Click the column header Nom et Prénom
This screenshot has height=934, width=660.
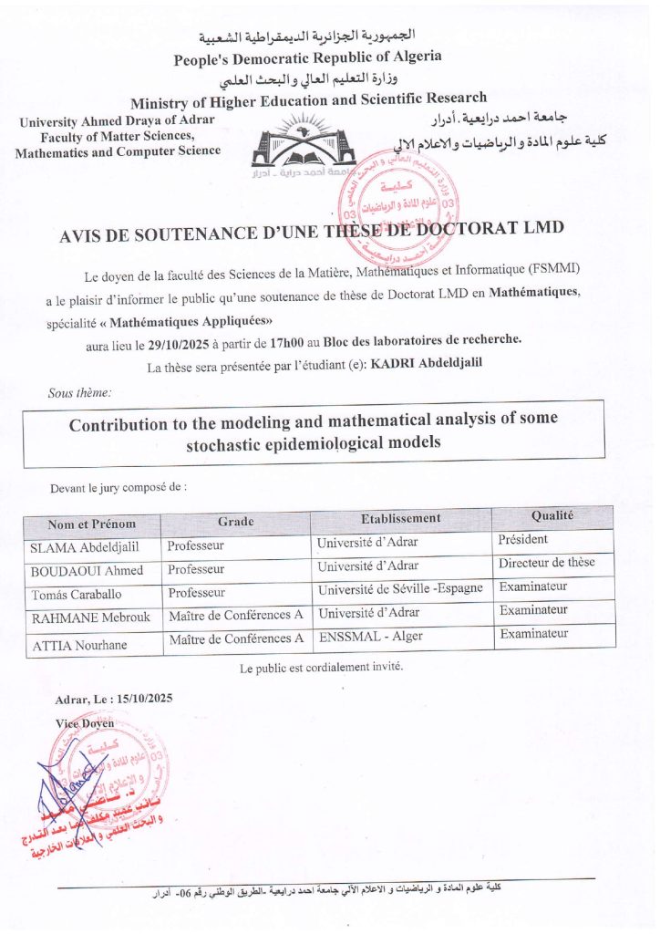pyautogui.click(x=92, y=524)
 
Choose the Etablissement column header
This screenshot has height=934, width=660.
pyautogui.click(x=400, y=518)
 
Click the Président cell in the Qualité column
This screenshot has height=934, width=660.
pyautogui.click(x=523, y=540)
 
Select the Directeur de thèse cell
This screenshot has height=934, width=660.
pyautogui.click(x=547, y=563)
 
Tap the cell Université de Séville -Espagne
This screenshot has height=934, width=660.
pyautogui.click(x=400, y=589)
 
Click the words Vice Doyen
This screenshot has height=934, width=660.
pyautogui.click(x=85, y=722)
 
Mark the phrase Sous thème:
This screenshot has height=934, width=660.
pyautogui.click(x=80, y=393)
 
